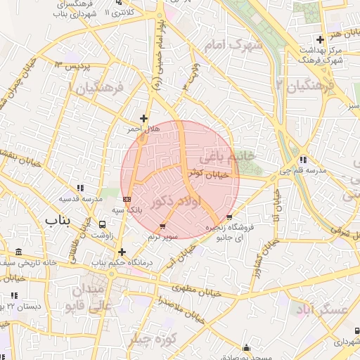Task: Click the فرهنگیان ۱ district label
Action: click(x=96, y=88)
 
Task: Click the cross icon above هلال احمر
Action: click(x=144, y=118)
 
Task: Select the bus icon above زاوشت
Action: click(x=103, y=224)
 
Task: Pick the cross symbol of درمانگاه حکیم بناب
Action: click(x=122, y=251)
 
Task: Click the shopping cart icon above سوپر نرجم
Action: click(x=163, y=226)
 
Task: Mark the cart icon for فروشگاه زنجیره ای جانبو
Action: click(x=229, y=217)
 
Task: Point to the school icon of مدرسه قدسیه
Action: click(x=81, y=188)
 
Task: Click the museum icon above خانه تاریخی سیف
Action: click(x=18, y=252)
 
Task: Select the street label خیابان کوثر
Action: click(x=209, y=173)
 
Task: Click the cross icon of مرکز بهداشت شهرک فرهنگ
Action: click(x=320, y=39)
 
